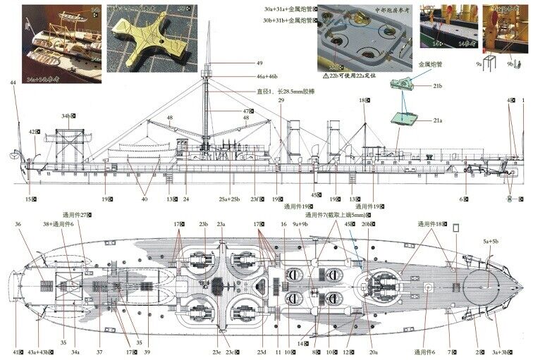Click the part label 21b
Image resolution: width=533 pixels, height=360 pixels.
pyautogui.click(x=438, y=86)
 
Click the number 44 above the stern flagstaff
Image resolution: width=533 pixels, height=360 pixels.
pyautogui.click(x=13, y=83)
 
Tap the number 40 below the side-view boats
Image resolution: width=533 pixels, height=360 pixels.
pyautogui.click(x=145, y=199)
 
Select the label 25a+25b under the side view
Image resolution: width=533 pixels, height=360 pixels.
pyautogui.click(x=229, y=199)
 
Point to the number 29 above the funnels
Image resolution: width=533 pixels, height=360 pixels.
pyautogui.click(x=281, y=101)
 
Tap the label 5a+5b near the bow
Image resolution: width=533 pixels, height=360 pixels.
pyautogui.click(x=490, y=241)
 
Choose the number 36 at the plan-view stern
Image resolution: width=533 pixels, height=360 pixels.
pyautogui.click(x=18, y=225)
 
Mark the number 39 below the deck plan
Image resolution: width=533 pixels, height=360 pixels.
pyautogui.click(x=147, y=351)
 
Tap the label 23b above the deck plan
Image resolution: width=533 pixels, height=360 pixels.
pyautogui.click(x=204, y=225)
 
